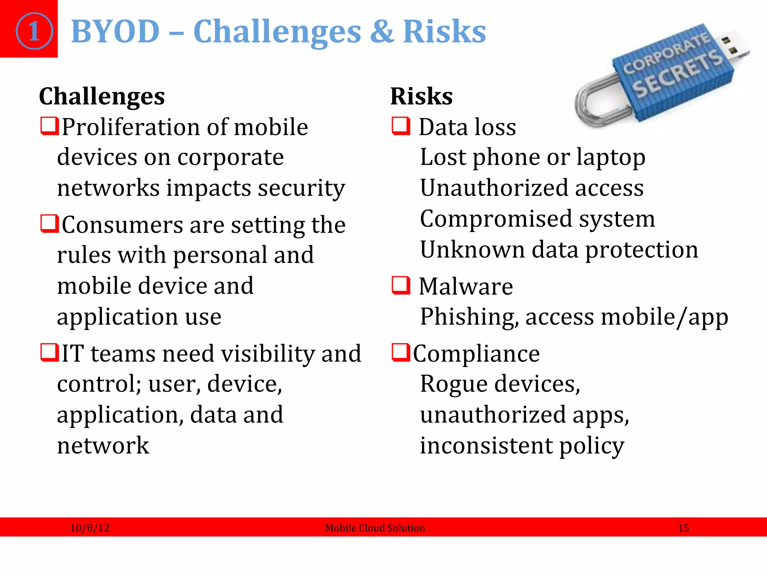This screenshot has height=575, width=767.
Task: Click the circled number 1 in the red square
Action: (x=34, y=31)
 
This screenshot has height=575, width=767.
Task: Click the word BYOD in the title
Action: (x=115, y=32)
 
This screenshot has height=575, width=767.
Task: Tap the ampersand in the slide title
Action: (x=382, y=32)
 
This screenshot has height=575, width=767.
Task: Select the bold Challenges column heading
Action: (x=102, y=96)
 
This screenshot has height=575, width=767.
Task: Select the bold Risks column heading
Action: (x=421, y=96)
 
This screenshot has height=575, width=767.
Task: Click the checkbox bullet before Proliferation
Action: (x=49, y=126)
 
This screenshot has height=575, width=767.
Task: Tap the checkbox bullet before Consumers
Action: (x=49, y=224)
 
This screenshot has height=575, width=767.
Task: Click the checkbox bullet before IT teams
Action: (x=49, y=353)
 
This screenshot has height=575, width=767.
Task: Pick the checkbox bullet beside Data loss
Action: (x=400, y=126)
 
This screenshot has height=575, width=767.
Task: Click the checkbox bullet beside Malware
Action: (x=400, y=286)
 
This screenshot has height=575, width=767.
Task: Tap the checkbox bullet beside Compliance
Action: (x=400, y=353)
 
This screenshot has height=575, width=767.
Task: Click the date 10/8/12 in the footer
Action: (x=90, y=528)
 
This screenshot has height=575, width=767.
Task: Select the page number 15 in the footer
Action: (x=683, y=528)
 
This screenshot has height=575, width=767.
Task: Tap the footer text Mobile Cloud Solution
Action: (x=375, y=528)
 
